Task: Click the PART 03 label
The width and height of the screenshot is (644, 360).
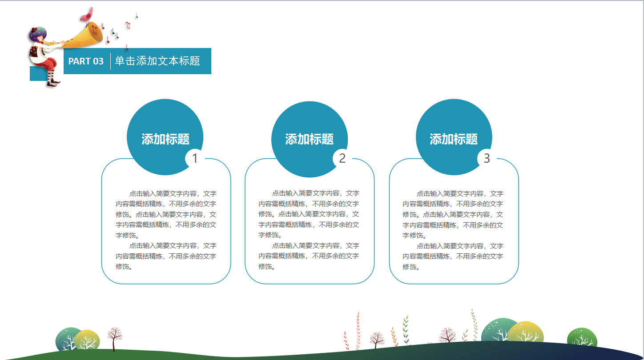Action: (86, 61)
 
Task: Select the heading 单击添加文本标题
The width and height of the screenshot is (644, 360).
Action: (157, 61)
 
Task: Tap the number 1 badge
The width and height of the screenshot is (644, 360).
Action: (195, 158)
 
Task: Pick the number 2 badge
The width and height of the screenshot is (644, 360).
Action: (342, 158)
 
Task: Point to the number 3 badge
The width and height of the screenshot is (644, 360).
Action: (487, 158)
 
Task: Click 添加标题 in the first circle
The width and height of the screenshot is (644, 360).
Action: (165, 139)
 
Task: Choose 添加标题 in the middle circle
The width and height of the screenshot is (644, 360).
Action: (309, 139)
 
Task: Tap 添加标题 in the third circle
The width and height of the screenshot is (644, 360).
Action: (454, 139)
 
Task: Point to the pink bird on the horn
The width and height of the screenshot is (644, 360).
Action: (87, 15)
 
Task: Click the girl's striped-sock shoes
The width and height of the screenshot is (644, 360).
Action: (52, 82)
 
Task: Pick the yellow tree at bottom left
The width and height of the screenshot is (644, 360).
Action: (87, 340)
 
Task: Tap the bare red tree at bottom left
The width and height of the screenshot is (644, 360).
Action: (114, 336)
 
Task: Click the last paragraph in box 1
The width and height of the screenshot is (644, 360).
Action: (166, 256)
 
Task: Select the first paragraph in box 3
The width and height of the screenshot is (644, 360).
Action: (453, 214)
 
